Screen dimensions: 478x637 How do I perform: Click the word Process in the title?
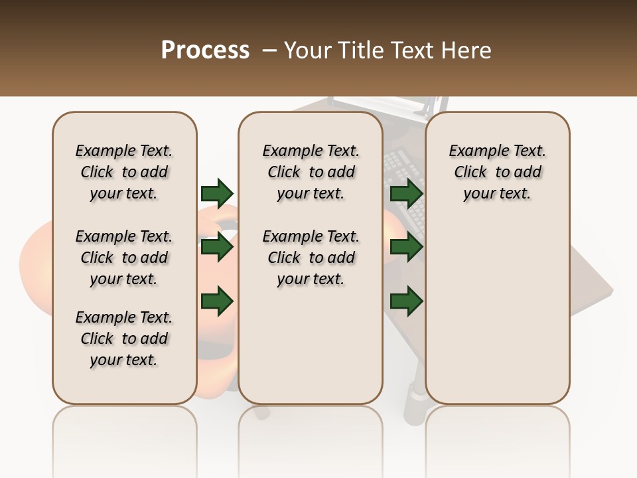[x=205, y=50]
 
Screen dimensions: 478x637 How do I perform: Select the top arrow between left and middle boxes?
[x=216, y=193]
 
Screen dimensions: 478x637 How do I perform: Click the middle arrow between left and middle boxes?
[x=216, y=248]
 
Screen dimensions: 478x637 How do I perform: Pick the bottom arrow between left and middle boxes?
[x=216, y=301]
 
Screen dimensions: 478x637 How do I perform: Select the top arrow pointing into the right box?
[x=406, y=193]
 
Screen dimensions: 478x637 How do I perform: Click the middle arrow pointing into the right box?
[x=406, y=248]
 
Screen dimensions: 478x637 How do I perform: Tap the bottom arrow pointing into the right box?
[x=406, y=301]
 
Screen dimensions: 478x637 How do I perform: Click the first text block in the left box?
[x=124, y=172]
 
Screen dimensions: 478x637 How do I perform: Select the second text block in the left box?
[x=124, y=258]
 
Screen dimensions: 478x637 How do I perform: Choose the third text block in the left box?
[x=124, y=339]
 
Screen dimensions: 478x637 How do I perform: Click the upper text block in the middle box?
[x=311, y=172]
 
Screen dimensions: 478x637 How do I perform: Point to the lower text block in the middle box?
[x=311, y=258]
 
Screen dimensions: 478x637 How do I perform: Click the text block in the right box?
[x=497, y=172]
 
